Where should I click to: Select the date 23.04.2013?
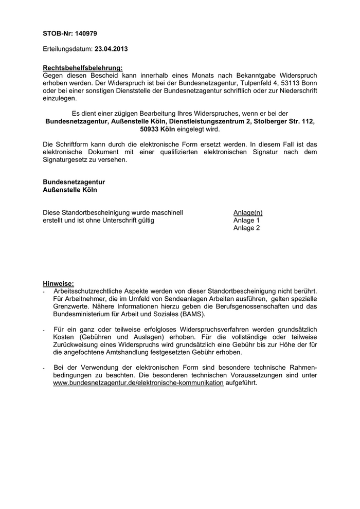(111, 49)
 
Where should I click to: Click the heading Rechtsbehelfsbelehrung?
(82, 68)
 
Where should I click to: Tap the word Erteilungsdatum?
(67, 49)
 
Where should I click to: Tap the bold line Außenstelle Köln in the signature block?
(69, 190)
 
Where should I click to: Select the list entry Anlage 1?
(246, 221)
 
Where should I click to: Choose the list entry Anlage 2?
(246, 228)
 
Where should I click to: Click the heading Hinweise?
(58, 283)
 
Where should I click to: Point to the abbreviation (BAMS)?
(191, 314)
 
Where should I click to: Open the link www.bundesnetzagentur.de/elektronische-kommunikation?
(138, 383)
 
